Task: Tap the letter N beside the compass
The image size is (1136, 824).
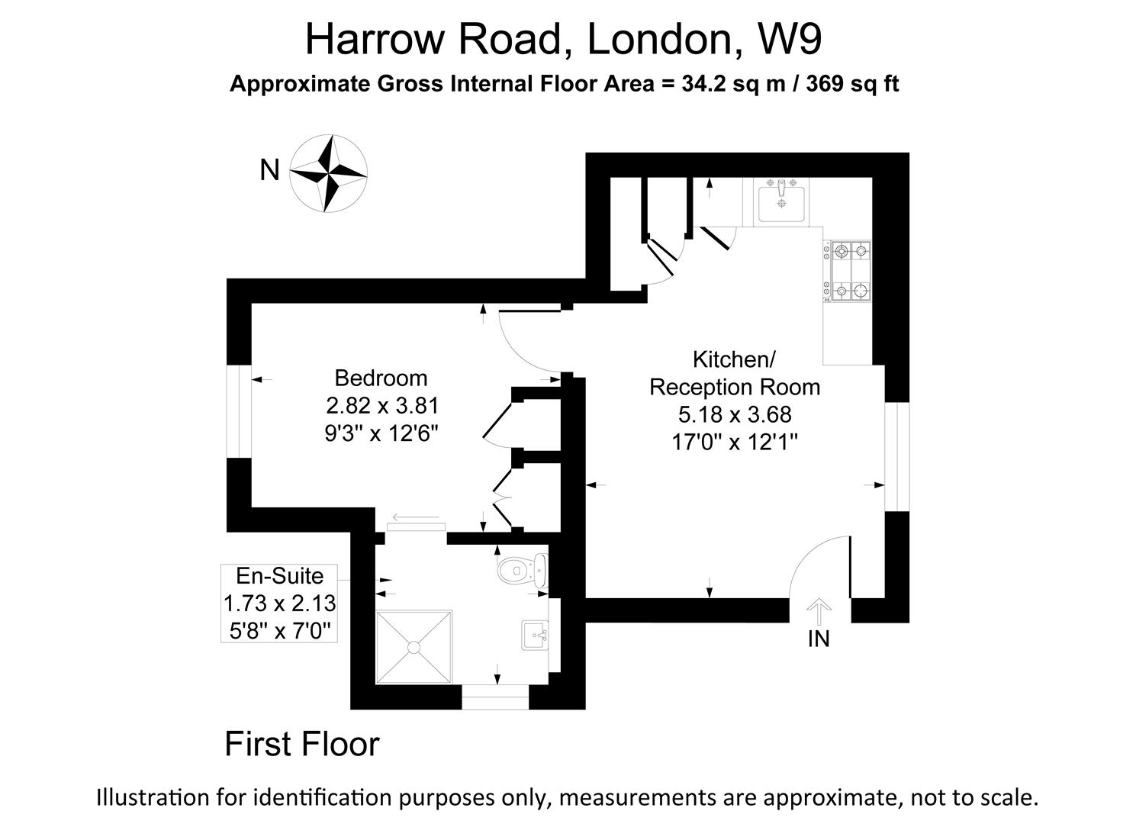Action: (269, 170)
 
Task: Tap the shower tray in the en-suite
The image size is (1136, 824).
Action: (414, 646)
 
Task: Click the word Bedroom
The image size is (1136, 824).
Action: (381, 378)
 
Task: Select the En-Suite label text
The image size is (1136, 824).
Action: (279, 575)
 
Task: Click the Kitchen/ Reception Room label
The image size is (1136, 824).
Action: (734, 373)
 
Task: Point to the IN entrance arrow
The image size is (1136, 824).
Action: (818, 611)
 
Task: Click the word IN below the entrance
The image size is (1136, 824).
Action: (818, 639)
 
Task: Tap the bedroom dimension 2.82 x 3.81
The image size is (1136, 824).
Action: (381, 405)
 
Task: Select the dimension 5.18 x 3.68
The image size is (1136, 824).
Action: (735, 414)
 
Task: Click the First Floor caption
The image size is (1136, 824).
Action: (301, 744)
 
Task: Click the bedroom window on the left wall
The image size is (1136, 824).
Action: (240, 412)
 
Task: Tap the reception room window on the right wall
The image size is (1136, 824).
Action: (897, 456)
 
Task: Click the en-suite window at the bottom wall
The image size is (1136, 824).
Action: (495, 697)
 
